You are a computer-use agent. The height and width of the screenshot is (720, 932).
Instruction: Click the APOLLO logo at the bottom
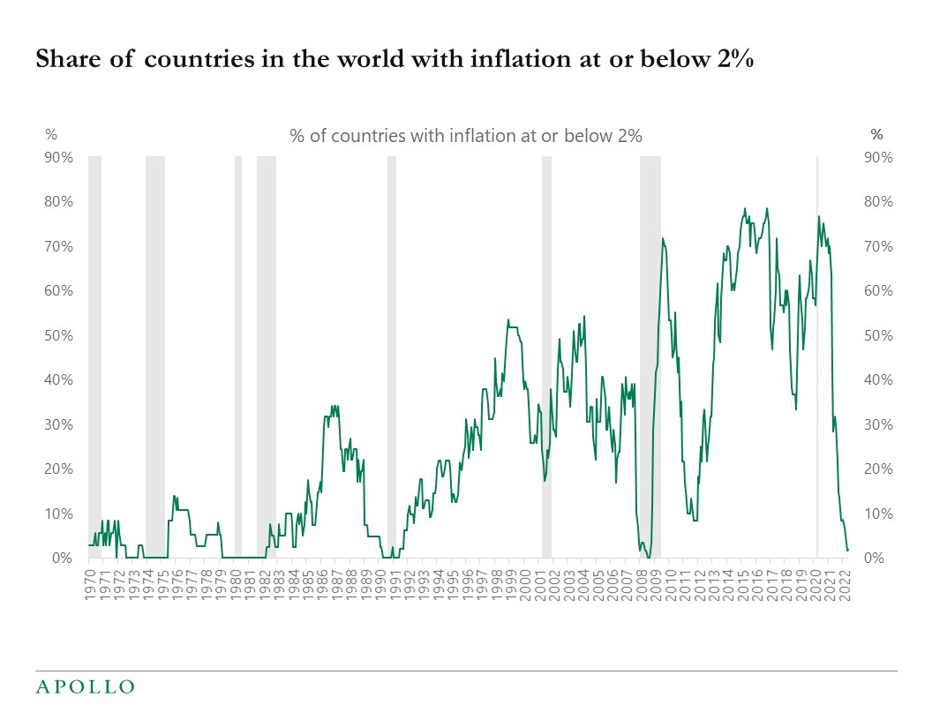85,686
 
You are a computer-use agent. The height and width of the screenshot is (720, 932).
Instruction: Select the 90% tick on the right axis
878,157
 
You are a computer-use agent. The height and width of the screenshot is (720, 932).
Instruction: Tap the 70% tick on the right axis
878,246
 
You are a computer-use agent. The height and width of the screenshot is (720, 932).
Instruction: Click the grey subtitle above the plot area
465,136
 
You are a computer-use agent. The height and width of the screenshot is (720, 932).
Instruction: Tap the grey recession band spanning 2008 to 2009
650,353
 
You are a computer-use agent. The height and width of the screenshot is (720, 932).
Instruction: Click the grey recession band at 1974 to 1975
155,353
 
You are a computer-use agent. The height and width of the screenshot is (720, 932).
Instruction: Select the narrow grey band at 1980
238,353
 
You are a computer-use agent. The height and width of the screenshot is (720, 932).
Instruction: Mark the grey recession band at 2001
546,353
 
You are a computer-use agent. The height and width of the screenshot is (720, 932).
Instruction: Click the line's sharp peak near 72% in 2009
662,238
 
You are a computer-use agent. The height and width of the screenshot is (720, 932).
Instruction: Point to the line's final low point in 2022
847,551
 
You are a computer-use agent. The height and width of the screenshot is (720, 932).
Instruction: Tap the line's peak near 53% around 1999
507,319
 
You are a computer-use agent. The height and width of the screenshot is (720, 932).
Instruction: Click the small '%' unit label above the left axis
51,135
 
